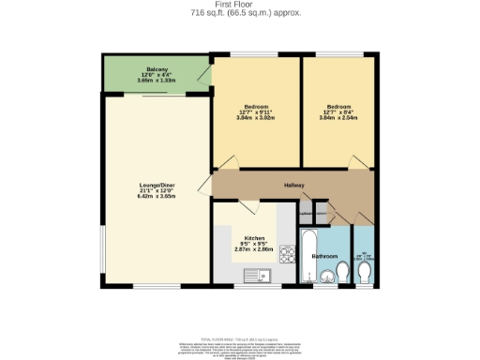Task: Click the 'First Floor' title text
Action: point(240,5)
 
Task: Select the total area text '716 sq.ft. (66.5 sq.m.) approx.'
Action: point(240,13)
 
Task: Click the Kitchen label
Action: point(254,238)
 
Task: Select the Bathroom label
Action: point(324,255)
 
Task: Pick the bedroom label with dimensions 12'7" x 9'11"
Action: point(251,108)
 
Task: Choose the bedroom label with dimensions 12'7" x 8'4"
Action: point(337,108)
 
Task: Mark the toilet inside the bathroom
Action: point(342,273)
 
